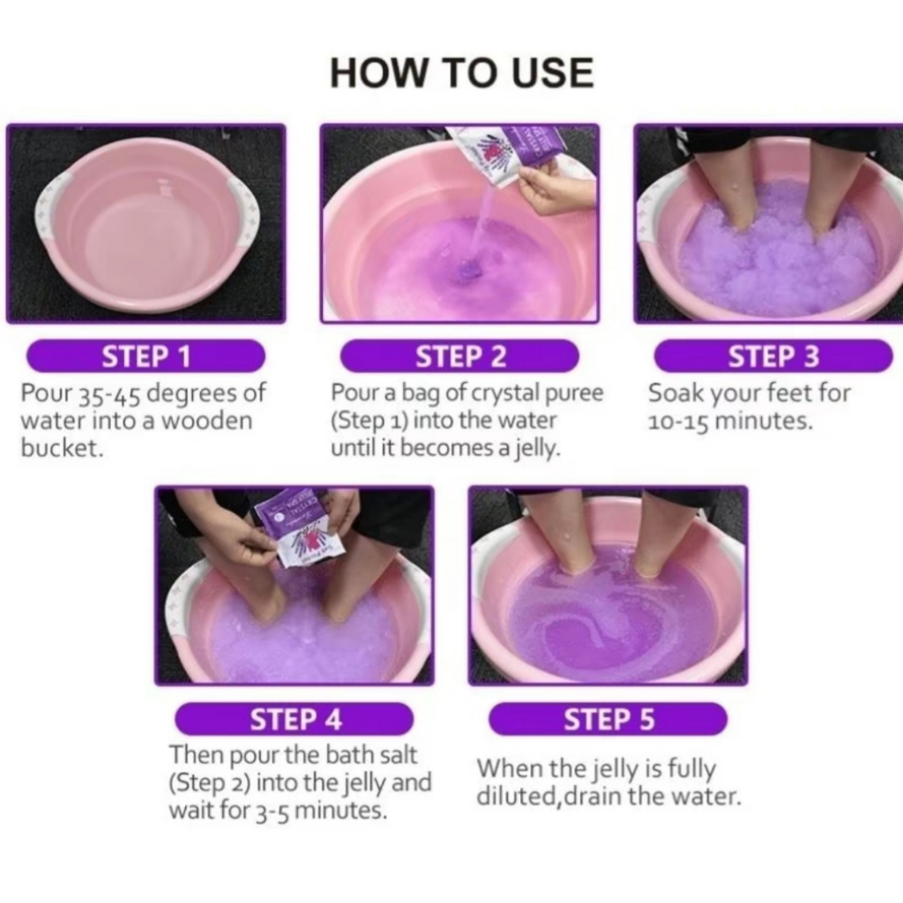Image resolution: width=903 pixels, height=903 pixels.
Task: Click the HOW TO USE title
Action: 462,72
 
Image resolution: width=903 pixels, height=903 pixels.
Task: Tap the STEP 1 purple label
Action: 146,356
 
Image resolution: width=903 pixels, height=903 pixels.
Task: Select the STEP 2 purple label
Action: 459,356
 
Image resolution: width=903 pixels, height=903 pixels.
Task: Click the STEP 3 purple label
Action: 773,356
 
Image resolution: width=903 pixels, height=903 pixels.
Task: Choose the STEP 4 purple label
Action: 295,719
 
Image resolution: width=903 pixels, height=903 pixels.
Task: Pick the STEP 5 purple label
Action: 608,719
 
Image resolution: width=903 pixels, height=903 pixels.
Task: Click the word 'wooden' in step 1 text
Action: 206,421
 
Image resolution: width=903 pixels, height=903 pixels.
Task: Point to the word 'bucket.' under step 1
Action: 63,447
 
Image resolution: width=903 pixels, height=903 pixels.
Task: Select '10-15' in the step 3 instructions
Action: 680,422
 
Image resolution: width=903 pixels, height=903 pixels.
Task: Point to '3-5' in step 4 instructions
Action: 272,811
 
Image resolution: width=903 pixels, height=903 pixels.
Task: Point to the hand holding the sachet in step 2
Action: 556,185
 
